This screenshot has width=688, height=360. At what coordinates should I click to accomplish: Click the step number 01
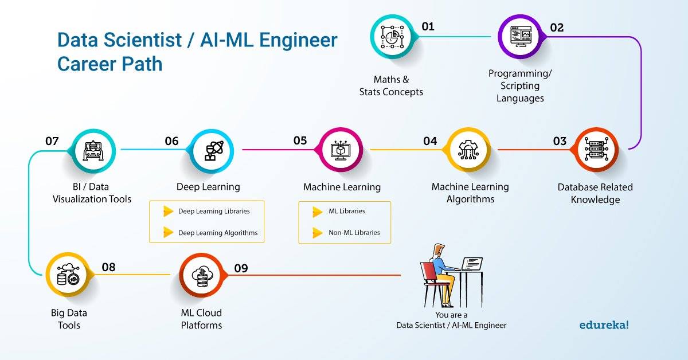(x=428, y=26)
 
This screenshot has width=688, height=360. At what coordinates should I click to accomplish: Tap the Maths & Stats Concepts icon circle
(x=392, y=37)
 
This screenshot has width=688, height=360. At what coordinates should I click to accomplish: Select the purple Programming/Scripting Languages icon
(x=521, y=37)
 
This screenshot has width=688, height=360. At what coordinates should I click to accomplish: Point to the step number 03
(x=560, y=141)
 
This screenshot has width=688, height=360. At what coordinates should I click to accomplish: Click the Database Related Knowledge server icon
(x=596, y=150)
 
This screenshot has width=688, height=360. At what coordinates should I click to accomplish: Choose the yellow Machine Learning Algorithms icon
(x=468, y=150)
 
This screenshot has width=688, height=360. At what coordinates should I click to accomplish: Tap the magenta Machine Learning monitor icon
(x=341, y=150)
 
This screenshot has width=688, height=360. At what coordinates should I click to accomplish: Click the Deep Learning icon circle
(x=212, y=151)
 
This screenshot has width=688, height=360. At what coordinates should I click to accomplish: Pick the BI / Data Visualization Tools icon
(x=93, y=151)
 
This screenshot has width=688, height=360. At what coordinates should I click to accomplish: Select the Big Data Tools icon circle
(x=68, y=275)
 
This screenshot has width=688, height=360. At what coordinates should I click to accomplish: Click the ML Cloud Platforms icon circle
(x=202, y=276)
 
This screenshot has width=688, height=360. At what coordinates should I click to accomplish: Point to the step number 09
(x=241, y=268)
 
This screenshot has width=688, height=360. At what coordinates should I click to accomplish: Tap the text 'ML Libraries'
(x=347, y=211)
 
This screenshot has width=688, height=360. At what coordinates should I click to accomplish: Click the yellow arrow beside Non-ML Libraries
(x=318, y=233)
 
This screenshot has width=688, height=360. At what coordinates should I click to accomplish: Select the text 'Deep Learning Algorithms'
(x=218, y=233)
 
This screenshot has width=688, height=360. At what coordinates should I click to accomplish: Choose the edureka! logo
(x=604, y=324)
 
